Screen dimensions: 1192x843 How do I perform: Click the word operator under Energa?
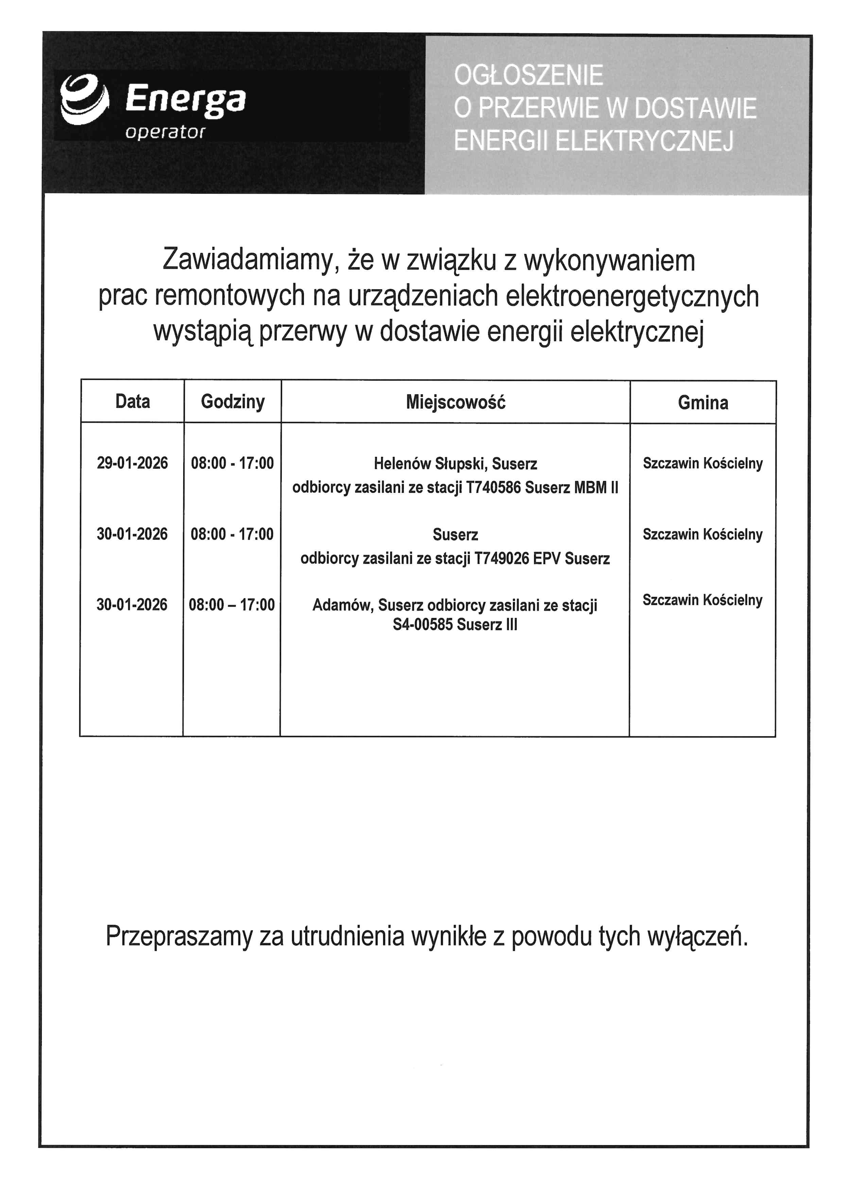(165, 132)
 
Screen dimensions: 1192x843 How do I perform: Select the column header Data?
(132, 401)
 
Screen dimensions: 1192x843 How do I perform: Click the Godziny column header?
(233, 402)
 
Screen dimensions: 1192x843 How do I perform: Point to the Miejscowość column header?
(455, 402)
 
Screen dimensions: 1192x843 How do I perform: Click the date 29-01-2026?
(132, 463)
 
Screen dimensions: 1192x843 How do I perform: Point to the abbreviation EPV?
(547, 559)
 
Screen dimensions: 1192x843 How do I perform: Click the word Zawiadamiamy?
(246, 261)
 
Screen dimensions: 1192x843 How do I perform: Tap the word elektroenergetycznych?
(632, 296)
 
